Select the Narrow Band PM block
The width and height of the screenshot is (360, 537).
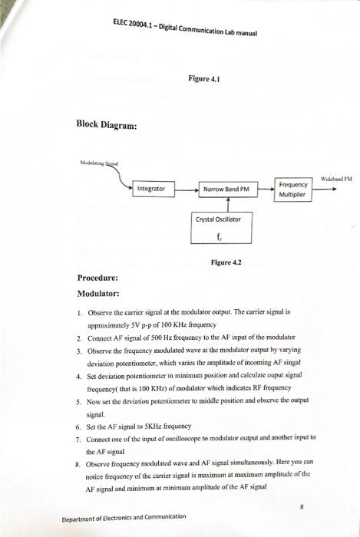click(x=226, y=188)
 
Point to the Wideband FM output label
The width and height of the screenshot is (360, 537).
click(x=335, y=178)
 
